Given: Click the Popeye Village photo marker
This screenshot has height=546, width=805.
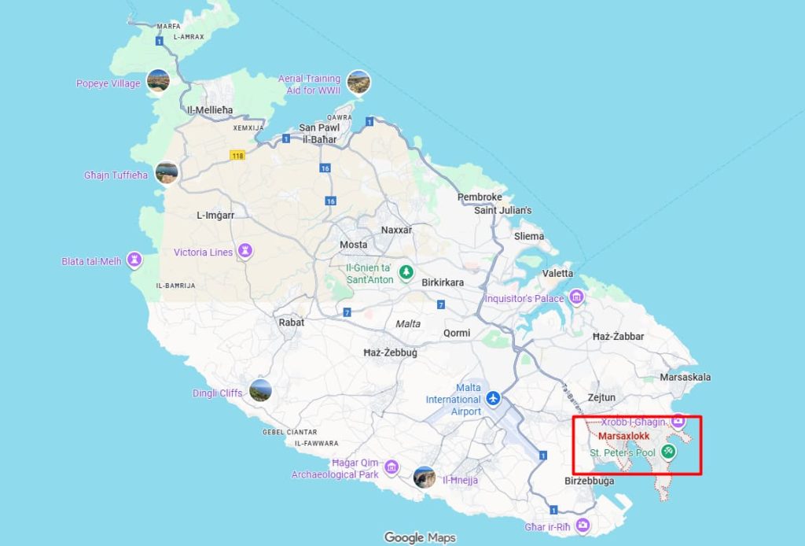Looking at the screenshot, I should pyautogui.click(x=158, y=80).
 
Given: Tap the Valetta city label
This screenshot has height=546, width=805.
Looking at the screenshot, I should pyautogui.click(x=558, y=273).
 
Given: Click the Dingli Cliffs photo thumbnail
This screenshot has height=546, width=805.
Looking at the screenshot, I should pyautogui.click(x=260, y=390).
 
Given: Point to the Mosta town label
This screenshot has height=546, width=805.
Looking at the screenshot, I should pyautogui.click(x=353, y=245).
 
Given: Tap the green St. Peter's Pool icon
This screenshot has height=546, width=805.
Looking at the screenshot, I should pyautogui.click(x=668, y=452).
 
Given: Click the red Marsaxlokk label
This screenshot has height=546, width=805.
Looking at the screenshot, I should pyautogui.click(x=624, y=435).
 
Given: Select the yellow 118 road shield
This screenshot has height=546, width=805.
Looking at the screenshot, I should pyautogui.click(x=237, y=155).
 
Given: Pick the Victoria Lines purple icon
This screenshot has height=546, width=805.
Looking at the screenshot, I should pyautogui.click(x=247, y=250).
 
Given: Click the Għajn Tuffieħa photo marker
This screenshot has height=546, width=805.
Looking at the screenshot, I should pyautogui.click(x=167, y=172).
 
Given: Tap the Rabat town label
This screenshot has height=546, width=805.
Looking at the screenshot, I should pyautogui.click(x=291, y=322).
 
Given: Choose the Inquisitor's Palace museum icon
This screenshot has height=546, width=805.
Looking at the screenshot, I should pyautogui.click(x=577, y=297).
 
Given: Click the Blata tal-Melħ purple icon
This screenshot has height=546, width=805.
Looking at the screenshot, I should pyautogui.click(x=135, y=259).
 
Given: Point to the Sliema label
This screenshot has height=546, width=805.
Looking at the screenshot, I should pyautogui.click(x=528, y=236).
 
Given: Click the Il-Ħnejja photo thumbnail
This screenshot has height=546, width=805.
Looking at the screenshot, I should pyautogui.click(x=425, y=478).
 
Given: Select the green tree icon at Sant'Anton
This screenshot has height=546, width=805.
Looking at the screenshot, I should pyautogui.click(x=406, y=272).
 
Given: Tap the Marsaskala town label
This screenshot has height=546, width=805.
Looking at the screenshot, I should pyautogui.click(x=686, y=377).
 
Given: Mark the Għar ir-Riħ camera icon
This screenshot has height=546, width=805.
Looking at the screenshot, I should pyautogui.click(x=583, y=525).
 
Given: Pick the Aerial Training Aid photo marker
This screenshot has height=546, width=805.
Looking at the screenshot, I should pyautogui.click(x=358, y=82).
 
